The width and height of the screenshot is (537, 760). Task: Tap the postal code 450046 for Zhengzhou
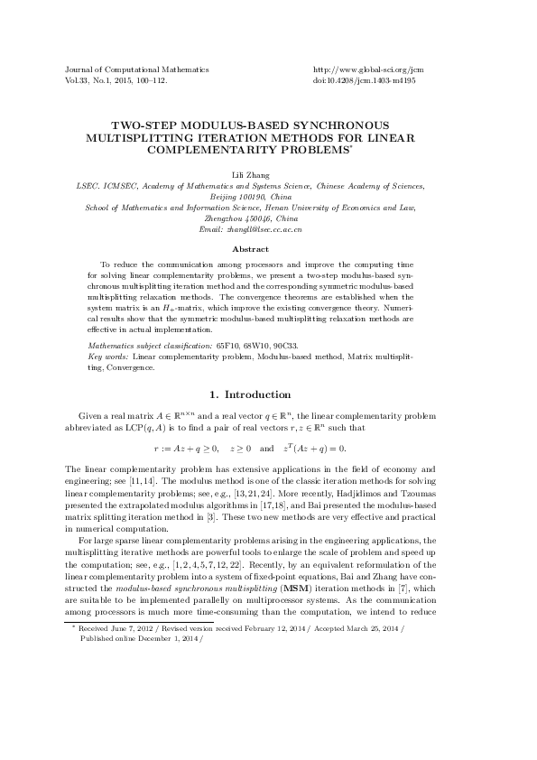(256, 218)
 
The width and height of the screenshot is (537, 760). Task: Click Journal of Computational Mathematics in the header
(137, 69)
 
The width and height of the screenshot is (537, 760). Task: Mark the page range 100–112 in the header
(150, 79)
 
